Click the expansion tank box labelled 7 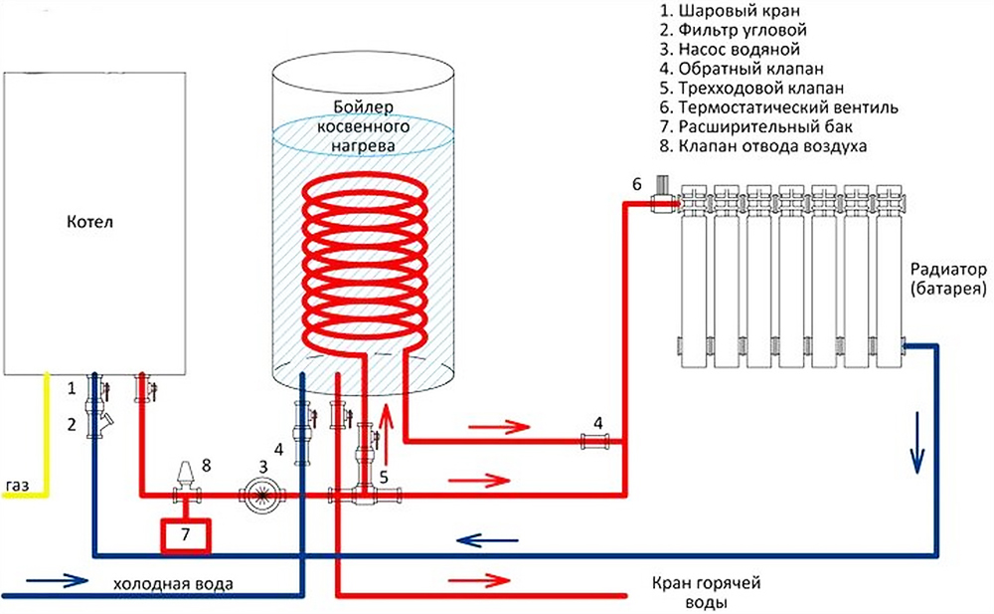(187, 533)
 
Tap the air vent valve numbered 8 (184, 478)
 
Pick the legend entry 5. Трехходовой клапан (755, 87)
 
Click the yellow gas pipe (45, 438)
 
